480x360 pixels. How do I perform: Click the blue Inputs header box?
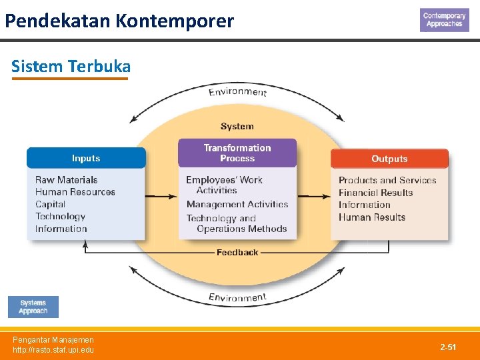click(x=86, y=158)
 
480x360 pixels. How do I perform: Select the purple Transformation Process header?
click(x=237, y=153)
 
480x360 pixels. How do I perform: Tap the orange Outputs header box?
click(x=389, y=159)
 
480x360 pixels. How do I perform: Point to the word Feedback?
click(x=237, y=253)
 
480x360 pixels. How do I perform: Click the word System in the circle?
click(x=237, y=126)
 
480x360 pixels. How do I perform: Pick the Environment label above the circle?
click(x=237, y=92)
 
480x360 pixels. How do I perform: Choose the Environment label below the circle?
click(x=237, y=297)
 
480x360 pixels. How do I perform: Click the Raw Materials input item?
click(x=66, y=180)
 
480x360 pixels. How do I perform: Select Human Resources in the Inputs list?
click(x=75, y=192)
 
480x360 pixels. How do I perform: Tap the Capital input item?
click(x=51, y=204)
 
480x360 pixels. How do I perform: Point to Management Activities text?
click(x=237, y=205)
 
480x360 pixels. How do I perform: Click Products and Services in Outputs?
click(x=387, y=180)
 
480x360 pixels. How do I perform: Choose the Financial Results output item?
click(x=376, y=193)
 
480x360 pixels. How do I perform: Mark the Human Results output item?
click(x=372, y=217)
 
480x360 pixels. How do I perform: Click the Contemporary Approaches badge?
click(x=444, y=20)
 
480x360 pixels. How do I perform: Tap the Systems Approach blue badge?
click(x=33, y=307)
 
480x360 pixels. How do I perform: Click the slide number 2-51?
click(x=448, y=347)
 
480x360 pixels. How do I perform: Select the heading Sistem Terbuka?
click(x=71, y=67)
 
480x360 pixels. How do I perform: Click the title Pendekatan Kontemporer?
click(x=119, y=21)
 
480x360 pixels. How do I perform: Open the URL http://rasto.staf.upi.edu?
click(x=53, y=350)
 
